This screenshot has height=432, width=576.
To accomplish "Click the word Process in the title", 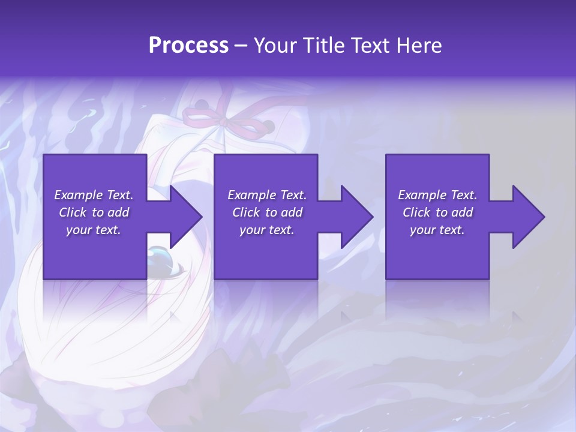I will pyautogui.click(x=188, y=46).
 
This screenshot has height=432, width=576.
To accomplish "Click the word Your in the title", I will pyautogui.click(x=275, y=46).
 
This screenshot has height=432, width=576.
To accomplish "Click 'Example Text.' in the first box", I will pyautogui.click(x=94, y=195).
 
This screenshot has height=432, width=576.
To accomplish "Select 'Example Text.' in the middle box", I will pyautogui.click(x=267, y=195).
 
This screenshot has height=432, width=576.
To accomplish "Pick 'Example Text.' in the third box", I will pyautogui.click(x=437, y=195).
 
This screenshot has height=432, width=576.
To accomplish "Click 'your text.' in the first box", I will pyautogui.click(x=94, y=230).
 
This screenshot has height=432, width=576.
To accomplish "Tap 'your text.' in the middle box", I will pyautogui.click(x=267, y=230).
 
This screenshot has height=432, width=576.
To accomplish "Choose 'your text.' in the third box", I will pyautogui.click(x=437, y=230).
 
